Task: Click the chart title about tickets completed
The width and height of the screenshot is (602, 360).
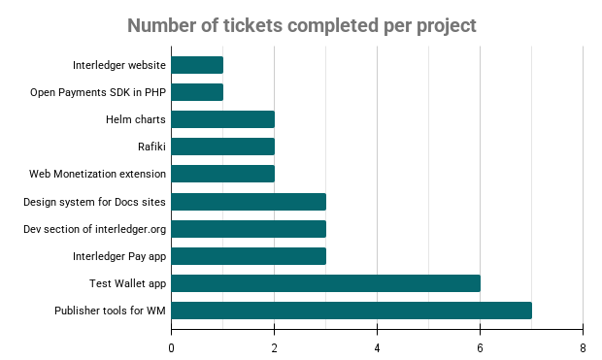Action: coord(302,25)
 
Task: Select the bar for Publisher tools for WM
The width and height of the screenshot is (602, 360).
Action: coord(351,311)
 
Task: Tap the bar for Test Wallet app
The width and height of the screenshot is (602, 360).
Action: coord(326,283)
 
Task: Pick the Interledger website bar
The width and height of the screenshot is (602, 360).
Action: coord(198,65)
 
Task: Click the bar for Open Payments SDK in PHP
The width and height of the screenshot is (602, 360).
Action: coord(198,92)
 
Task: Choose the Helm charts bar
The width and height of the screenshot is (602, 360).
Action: coord(223,119)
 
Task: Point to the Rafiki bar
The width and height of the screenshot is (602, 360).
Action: coord(223,147)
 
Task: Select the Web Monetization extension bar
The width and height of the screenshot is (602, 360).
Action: coord(223,174)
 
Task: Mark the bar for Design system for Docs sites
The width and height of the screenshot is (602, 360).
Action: coord(250,202)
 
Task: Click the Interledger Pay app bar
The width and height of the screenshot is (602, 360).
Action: coord(250,256)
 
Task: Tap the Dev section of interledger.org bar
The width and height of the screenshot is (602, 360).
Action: coord(250,229)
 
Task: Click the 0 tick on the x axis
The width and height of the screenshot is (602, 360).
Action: coord(172,347)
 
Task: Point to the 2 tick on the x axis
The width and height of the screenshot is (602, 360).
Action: coord(275,347)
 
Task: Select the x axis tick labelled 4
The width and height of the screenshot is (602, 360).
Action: coord(378,347)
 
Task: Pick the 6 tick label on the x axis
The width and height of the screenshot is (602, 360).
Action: coord(480,347)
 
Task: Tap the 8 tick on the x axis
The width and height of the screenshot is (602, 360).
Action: coord(583,347)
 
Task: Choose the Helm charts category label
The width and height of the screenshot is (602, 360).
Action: coord(136,119)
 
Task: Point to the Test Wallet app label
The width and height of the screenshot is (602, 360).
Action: coord(126,283)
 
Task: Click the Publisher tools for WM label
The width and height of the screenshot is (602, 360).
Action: coord(110,311)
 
